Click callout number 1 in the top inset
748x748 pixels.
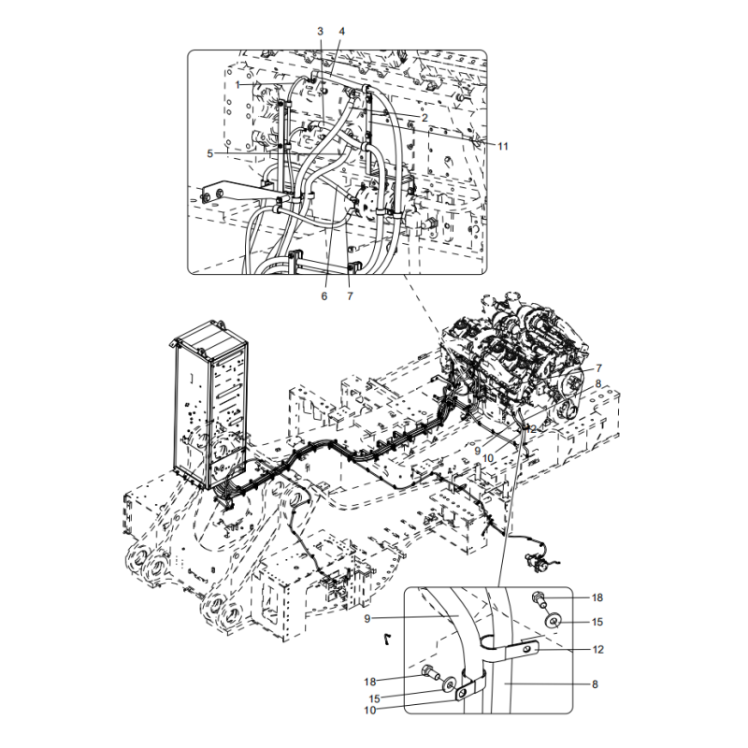tap(237, 85)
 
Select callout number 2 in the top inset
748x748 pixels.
tap(424, 118)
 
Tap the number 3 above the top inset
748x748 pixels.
tap(320, 32)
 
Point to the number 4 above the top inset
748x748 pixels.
tap(341, 32)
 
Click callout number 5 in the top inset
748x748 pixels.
tap(209, 153)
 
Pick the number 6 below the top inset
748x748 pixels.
tap(324, 296)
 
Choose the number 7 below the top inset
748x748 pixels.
tap(350, 296)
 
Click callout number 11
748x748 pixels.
tap(503, 147)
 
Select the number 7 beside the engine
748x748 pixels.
tap(598, 368)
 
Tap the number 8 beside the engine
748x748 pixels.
tap(597, 384)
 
